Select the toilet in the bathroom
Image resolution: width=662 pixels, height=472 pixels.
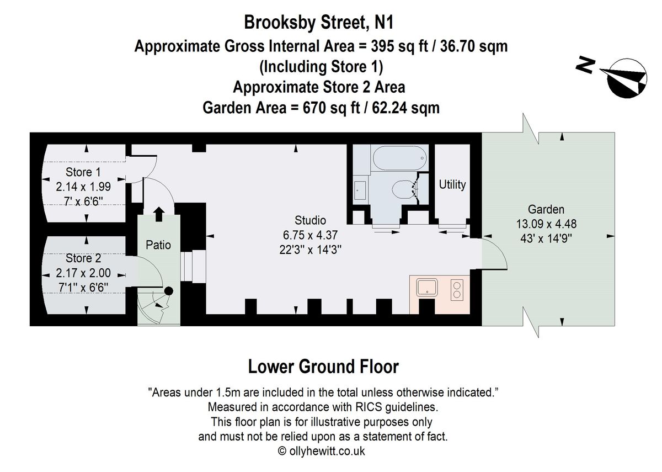pos(403,190)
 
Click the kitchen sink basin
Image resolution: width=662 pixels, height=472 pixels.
pos(427,288)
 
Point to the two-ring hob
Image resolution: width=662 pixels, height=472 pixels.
pos(457,289)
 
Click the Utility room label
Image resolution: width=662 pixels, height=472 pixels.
pos(452,184)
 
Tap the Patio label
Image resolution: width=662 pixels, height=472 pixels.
pos(158,245)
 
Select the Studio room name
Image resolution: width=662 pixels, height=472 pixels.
pos(311,220)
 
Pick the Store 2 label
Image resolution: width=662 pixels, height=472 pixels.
pos(83,258)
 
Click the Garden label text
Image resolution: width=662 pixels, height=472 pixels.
pos(546,209)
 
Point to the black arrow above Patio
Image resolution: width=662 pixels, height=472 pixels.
pos(158,214)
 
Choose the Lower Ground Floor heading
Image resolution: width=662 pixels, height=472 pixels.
pos(323,366)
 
